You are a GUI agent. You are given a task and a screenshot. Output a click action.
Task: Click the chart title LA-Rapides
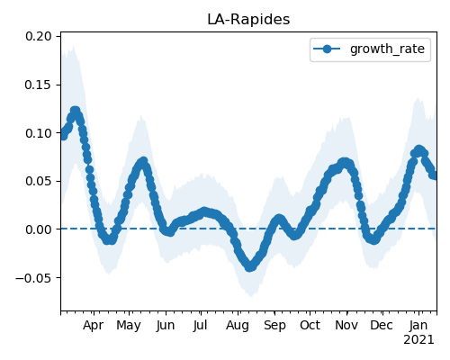click(x=248, y=20)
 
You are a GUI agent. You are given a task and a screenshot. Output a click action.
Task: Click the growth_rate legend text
click(x=387, y=49)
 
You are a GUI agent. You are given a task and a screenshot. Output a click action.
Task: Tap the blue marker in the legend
click(x=327, y=49)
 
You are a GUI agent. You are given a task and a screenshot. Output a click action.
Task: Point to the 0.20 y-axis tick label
click(x=39, y=36)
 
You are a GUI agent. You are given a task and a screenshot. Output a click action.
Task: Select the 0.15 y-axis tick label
click(x=39, y=85)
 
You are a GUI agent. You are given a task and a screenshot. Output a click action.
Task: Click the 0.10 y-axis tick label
click(x=39, y=133)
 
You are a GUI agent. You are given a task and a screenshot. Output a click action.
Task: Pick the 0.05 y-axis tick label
click(x=39, y=181)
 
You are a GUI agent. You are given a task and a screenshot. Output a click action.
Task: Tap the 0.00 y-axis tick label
click(x=39, y=229)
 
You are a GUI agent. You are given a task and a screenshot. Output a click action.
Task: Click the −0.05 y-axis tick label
click(x=33, y=278)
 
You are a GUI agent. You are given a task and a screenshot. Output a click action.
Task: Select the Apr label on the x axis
click(x=94, y=325)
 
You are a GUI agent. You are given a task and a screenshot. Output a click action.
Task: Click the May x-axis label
click(x=129, y=326)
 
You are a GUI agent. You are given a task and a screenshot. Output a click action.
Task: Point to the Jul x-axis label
click(x=200, y=325)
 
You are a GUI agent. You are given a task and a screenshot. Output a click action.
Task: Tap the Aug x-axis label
click(x=238, y=326)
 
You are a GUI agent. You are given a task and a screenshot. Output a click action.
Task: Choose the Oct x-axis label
click(x=310, y=325)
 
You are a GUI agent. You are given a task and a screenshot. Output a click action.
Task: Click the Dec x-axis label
click(x=382, y=325)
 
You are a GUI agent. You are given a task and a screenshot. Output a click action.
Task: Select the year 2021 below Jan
click(x=418, y=340)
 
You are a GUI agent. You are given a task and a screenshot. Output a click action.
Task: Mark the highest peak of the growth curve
click(x=75, y=111)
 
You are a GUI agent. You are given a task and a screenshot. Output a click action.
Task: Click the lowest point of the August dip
click(x=250, y=266)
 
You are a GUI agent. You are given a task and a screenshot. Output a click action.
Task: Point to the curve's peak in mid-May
click(x=144, y=162)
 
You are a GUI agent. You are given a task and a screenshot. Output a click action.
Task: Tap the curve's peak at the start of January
click(x=418, y=150)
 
